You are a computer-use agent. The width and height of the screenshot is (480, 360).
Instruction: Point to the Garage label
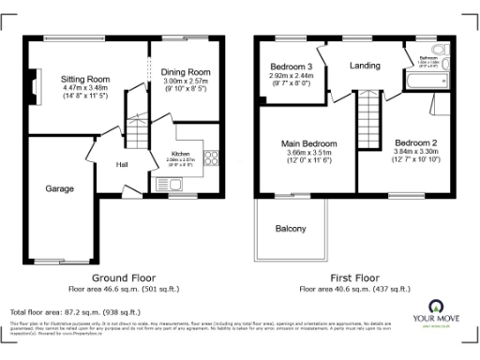[59, 188]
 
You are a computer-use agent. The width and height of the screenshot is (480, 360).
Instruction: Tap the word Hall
[122, 165]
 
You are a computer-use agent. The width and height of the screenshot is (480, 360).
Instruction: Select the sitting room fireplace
[35, 91]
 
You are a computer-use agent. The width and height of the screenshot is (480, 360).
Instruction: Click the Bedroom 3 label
[292, 67]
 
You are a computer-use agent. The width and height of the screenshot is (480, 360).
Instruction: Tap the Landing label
[365, 66]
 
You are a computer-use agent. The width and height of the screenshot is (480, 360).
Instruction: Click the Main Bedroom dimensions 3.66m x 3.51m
[308, 153]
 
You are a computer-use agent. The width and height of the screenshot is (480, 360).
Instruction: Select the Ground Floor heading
[121, 278]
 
